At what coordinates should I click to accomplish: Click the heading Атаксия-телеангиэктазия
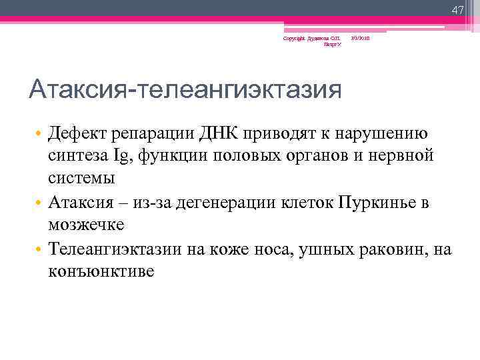185,88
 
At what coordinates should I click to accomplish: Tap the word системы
81,178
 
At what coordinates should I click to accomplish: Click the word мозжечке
87,225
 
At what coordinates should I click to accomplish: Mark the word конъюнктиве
101,272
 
